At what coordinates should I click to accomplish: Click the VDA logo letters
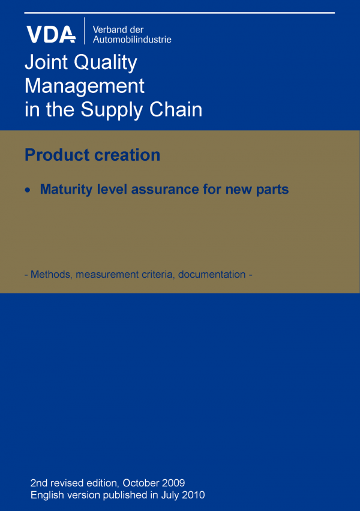point(50,34)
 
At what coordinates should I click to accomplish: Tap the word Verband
point(110,29)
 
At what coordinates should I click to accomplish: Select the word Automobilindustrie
point(132,40)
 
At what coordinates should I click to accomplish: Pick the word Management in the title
point(84,86)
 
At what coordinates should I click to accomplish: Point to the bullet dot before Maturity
point(27,190)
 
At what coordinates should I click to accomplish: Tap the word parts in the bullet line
point(271,190)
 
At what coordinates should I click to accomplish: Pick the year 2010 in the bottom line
point(193,495)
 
